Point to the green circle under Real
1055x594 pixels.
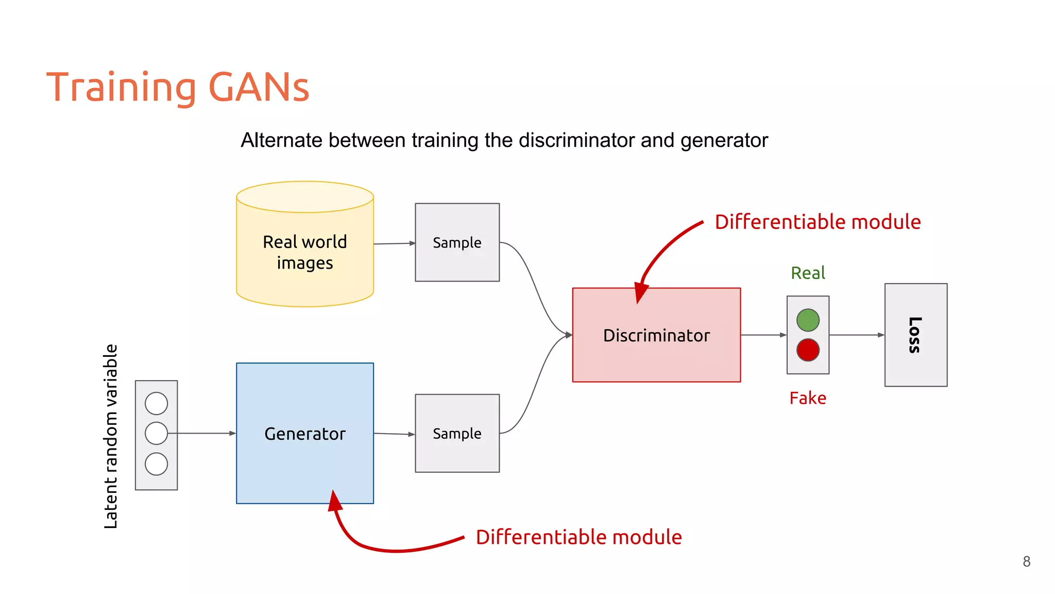pos(808,320)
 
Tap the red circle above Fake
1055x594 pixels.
pos(808,350)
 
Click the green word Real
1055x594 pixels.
pos(808,273)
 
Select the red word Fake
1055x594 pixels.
pos(808,398)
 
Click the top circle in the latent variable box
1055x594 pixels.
pos(156,403)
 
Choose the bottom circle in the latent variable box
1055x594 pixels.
pos(156,464)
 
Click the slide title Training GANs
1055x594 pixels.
pos(178,87)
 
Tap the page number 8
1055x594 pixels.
pos(1026,562)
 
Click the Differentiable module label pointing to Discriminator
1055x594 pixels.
pos(818,222)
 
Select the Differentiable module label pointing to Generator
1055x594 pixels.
pos(578,537)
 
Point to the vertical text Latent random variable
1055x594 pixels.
pos(111,436)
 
